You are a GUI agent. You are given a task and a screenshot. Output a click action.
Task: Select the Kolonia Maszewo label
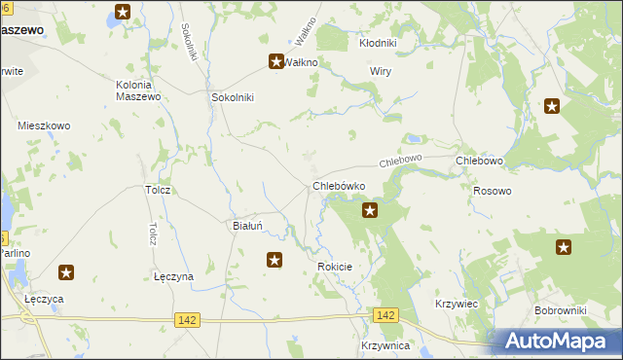pyautogui.click(x=131, y=90)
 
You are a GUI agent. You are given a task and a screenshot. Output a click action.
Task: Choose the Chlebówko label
pyautogui.click(x=339, y=185)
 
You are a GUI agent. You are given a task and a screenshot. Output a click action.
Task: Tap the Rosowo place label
pyautogui.click(x=492, y=191)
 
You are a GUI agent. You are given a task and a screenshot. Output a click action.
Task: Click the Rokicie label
pyautogui.click(x=334, y=266)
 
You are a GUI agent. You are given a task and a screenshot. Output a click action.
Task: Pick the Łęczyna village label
pyautogui.click(x=173, y=276)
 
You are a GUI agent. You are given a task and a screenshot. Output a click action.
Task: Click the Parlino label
pyautogui.click(x=15, y=253)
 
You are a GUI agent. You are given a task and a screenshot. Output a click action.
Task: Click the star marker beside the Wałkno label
pyautogui.click(x=275, y=62)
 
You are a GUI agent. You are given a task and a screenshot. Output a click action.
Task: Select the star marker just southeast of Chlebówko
pyautogui.click(x=370, y=209)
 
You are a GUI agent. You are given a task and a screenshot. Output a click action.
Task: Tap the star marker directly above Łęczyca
pyautogui.click(x=66, y=273)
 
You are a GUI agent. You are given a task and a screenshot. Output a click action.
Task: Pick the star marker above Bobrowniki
pyautogui.click(x=564, y=247)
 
